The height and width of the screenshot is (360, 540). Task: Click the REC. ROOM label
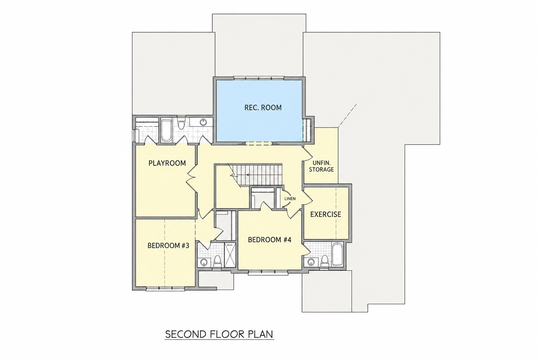pos(263,108)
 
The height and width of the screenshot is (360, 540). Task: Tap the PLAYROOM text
pos(167,163)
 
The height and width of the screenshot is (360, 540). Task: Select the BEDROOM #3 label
pos(168,246)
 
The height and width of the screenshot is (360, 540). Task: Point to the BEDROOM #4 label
pos(270,240)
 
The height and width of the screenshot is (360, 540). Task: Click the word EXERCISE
pos(326,214)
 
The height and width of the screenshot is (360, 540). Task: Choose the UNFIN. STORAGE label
pos(321,166)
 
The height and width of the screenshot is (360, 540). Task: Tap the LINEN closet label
pos(290,199)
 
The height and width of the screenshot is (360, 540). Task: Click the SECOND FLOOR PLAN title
pos(219,334)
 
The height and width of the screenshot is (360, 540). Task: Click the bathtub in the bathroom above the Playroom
pos(166,130)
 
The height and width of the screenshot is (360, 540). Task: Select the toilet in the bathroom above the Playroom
pos(181,123)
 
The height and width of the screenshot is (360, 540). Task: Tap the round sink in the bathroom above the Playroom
pos(203,122)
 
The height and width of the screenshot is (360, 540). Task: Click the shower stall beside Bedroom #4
pos(230,255)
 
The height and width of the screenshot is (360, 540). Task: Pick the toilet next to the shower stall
pos(218,261)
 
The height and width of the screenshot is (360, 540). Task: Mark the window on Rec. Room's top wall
pos(259,78)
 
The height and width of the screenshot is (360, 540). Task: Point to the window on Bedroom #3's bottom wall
pos(166,288)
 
